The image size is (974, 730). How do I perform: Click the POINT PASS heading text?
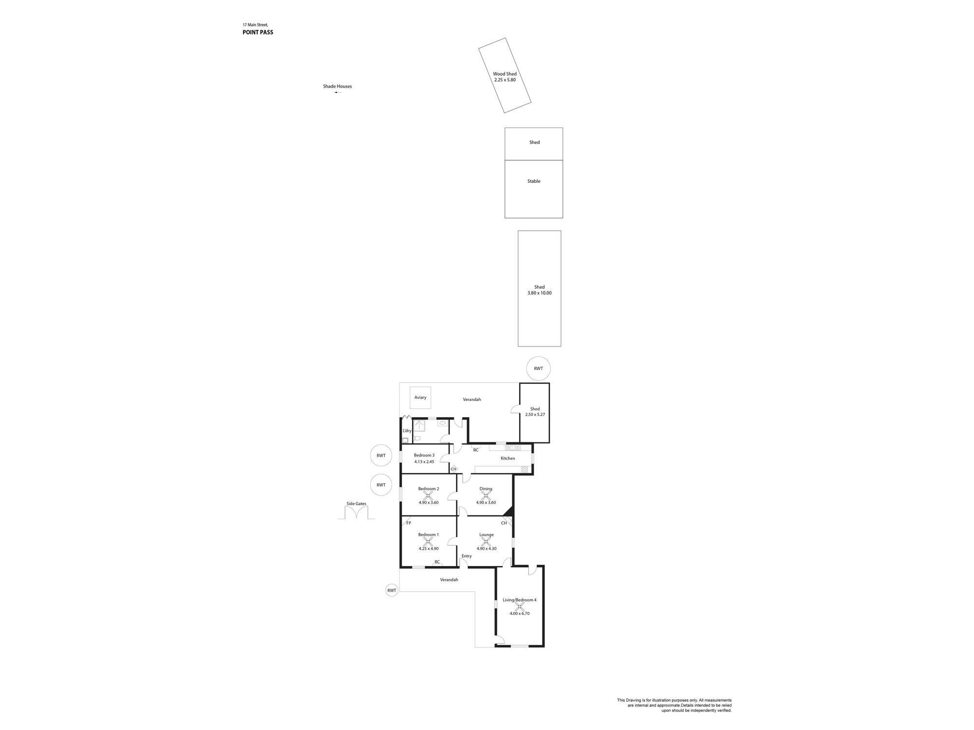258,33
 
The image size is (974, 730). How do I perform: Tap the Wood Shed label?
505,74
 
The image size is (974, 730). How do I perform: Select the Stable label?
534,181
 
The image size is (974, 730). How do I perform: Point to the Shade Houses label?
337,86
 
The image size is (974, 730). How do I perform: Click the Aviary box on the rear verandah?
420,398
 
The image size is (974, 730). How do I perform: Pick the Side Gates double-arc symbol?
356,513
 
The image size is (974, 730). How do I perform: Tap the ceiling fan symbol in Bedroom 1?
429,541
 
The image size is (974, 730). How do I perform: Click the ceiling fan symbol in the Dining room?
486,495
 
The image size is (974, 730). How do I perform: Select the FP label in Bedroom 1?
409,523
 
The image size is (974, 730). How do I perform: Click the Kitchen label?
508,458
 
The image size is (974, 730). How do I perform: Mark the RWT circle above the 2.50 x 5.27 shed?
538,368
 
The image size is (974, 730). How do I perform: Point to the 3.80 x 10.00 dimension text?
540,293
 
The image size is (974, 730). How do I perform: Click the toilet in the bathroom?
417,438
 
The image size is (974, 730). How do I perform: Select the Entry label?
467,556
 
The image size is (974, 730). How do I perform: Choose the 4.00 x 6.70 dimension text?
520,613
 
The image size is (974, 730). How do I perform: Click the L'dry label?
407,431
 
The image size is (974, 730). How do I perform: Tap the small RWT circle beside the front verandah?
392,590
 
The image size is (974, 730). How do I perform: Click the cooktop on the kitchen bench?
524,470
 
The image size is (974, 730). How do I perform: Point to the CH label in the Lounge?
504,523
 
